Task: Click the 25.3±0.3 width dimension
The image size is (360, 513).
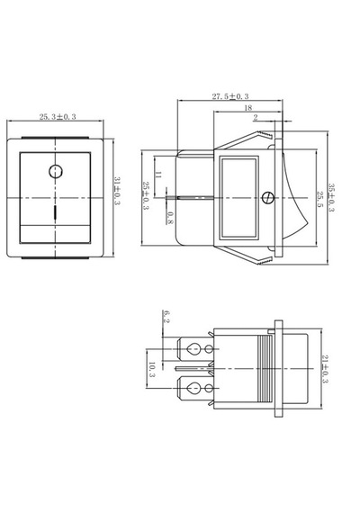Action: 58,117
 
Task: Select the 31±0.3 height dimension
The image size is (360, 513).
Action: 117,191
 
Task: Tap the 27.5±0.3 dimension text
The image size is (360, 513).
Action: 230,96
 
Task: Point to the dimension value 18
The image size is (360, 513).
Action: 248,108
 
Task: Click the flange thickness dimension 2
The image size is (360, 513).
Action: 256,118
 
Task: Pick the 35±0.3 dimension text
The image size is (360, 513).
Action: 331,198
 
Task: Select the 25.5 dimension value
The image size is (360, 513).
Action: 319,199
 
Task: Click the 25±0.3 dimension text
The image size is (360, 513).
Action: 146,196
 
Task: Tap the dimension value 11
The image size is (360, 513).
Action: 158,175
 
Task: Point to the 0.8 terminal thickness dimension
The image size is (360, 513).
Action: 170,218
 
